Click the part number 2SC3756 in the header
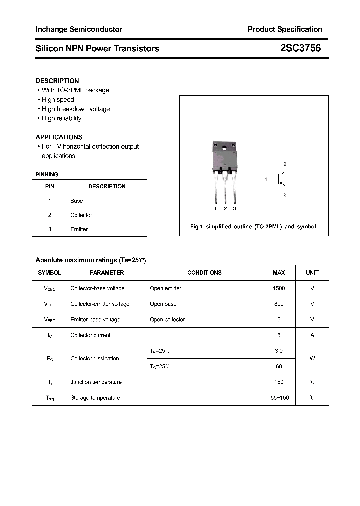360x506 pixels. tap(300, 48)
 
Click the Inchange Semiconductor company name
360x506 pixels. tap(79, 29)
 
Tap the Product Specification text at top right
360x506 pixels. tap(285, 29)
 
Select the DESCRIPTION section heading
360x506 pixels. tap(57, 81)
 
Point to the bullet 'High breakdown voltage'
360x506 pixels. tap(76, 109)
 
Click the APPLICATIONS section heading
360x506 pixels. tap(59, 137)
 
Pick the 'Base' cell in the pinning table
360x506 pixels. tap(77, 201)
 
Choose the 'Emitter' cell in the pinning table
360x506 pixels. tap(79, 229)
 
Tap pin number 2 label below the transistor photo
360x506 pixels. tap(225, 208)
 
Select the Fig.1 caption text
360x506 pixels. tap(253, 226)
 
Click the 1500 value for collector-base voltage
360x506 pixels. tap(279, 288)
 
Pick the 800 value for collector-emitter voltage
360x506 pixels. tap(279, 304)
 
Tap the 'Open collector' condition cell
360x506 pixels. tap(167, 319)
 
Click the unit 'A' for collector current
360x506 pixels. tap(312, 335)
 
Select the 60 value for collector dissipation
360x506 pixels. tap(279, 366)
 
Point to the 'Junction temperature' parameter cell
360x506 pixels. tap(96, 382)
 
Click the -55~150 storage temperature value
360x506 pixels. tap(278, 397)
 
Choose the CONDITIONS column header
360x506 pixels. tap(204, 273)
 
